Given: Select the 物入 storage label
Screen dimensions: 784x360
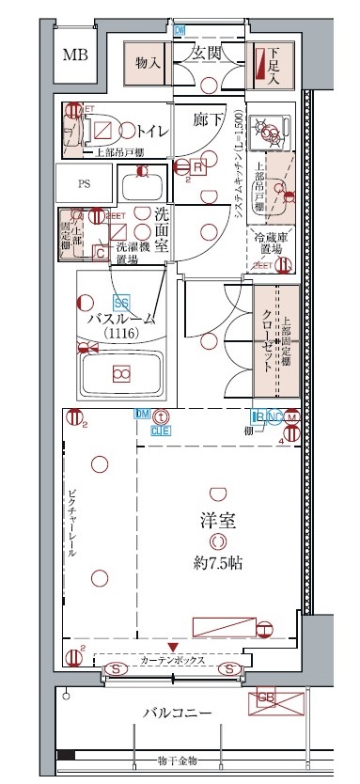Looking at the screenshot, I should tap(148, 63).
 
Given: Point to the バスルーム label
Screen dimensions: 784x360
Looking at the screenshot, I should tap(121, 319).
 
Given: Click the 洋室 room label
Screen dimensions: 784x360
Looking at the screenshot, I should tap(217, 518).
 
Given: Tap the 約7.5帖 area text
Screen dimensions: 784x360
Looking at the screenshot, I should tap(216, 563).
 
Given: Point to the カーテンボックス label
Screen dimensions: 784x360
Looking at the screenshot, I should tap(175, 660).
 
